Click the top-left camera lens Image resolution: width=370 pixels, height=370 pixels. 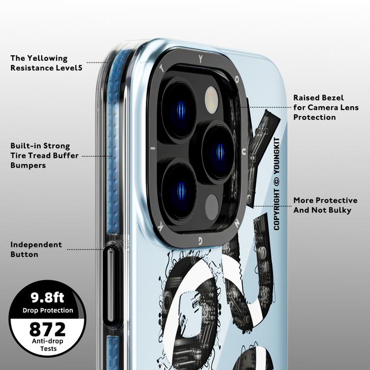(x=179, y=109)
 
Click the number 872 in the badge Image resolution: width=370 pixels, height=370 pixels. (x=47, y=329)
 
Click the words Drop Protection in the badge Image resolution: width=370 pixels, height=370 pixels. (x=48, y=310)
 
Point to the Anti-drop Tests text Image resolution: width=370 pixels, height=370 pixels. (x=47, y=345)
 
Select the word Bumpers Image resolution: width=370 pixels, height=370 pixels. (x=28, y=165)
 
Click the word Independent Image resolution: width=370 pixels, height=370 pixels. (x=36, y=245)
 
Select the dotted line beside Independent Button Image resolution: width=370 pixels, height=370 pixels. (x=86, y=249)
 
